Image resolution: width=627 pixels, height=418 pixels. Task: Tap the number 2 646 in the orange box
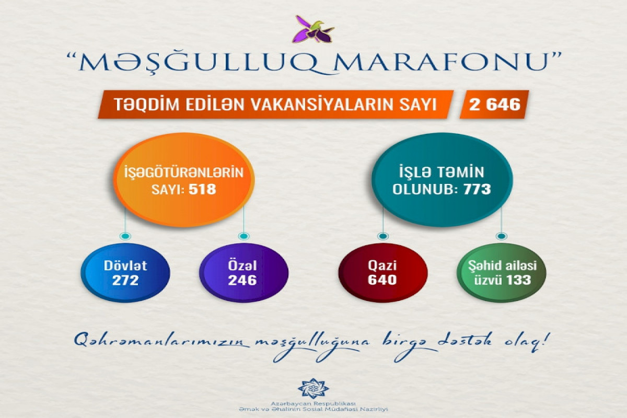coord(495,104)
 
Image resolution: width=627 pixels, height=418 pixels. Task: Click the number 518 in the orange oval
coord(202,189)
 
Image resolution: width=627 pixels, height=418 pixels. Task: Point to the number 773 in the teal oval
coord(477,189)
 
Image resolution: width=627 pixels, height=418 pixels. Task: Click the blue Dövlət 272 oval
coord(125,273)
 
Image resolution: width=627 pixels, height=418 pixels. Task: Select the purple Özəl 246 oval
coord(243,273)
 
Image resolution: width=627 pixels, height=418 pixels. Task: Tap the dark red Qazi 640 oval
coord(383,273)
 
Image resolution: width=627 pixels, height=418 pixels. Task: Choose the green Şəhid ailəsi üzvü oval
coord(501,273)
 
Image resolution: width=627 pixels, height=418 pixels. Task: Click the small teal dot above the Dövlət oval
coord(125,236)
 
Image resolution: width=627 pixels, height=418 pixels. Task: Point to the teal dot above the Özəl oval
coord(244,236)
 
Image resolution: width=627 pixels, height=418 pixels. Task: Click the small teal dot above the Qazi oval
coord(382,236)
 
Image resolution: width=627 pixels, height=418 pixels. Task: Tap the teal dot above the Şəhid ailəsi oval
coord(501,236)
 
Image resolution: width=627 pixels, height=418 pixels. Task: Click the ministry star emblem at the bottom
coord(313,388)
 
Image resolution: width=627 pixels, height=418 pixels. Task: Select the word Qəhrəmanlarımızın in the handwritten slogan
coord(162,342)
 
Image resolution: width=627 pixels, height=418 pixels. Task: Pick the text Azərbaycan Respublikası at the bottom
coord(313,403)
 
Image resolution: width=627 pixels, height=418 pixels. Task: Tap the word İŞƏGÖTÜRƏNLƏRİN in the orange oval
coord(183,173)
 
